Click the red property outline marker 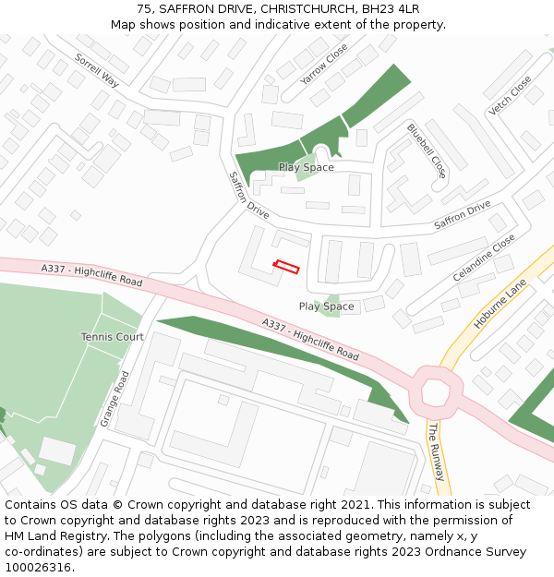pyautogui.click(x=286, y=267)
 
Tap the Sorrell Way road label pyautogui.click(x=97, y=69)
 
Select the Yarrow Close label pyautogui.click(x=324, y=65)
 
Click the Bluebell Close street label pyautogui.click(x=427, y=150)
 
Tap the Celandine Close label pyautogui.click(x=484, y=258)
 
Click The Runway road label pyautogui.click(x=436, y=451)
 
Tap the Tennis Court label pyautogui.click(x=112, y=337)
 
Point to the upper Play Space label pyautogui.click(x=306, y=167)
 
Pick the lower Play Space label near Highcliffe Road pyautogui.click(x=326, y=307)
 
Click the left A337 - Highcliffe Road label pyautogui.click(x=91, y=274)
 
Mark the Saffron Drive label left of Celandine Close pyautogui.click(x=463, y=215)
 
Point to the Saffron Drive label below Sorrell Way pyautogui.click(x=248, y=195)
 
